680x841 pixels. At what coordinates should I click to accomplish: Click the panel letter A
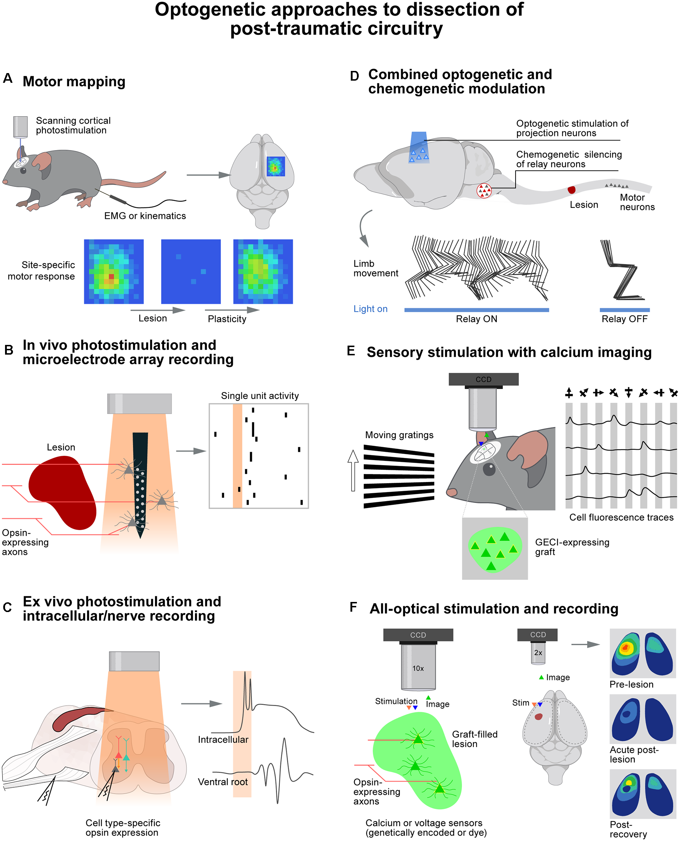(x=8, y=78)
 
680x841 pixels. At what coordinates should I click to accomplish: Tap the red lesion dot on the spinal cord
(x=571, y=190)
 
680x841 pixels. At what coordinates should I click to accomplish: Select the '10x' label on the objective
(x=418, y=668)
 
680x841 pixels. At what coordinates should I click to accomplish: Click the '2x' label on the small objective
(x=538, y=652)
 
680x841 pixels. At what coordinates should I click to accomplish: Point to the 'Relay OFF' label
(x=624, y=319)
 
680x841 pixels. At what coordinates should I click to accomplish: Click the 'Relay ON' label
(x=476, y=319)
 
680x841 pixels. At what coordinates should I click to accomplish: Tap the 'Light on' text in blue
(x=370, y=309)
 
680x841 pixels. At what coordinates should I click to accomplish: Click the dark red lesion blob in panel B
(x=63, y=492)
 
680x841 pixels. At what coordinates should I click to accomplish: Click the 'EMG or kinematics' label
(x=145, y=216)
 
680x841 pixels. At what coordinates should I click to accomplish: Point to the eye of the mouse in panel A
(x=23, y=171)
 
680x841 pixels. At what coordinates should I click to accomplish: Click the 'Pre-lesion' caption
(x=631, y=684)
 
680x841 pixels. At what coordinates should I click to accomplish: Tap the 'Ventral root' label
(x=222, y=782)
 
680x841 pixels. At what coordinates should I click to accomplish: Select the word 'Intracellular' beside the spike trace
(x=223, y=739)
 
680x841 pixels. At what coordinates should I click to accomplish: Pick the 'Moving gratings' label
(x=399, y=435)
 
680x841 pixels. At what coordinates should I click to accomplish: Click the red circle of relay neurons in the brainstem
(x=484, y=191)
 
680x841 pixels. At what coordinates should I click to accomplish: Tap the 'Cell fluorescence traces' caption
(x=621, y=517)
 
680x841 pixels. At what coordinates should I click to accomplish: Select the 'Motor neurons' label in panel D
(x=637, y=202)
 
